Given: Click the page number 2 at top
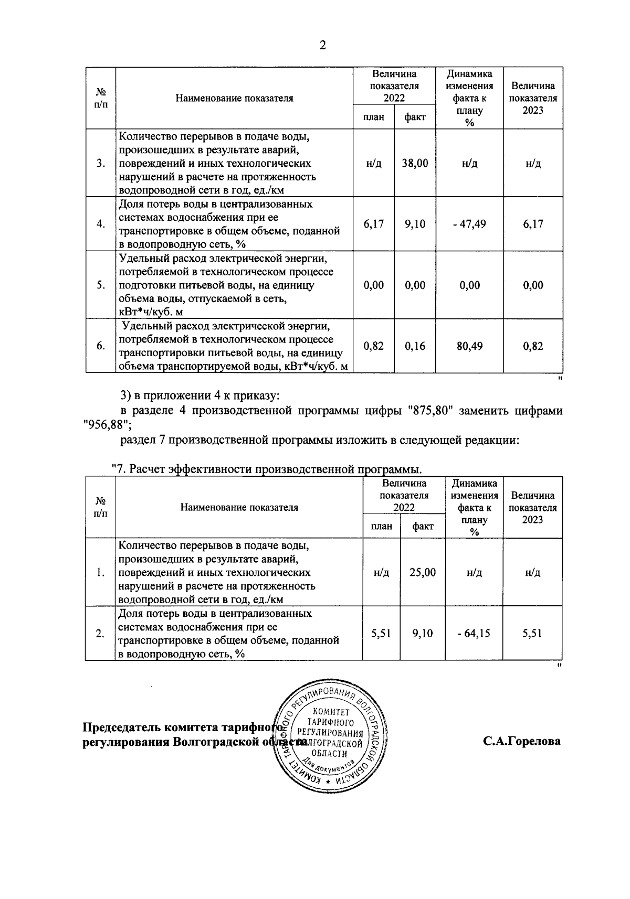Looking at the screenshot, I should click(323, 46).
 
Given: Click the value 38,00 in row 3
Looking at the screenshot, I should click(415, 163).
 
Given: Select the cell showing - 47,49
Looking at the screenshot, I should click(469, 224).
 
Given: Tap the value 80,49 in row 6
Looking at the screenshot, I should click(469, 346).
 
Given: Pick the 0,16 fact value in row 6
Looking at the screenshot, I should click(415, 346).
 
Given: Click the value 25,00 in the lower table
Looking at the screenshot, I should click(423, 572).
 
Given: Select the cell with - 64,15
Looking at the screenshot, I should click(474, 633).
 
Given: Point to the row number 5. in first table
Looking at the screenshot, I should click(101, 285).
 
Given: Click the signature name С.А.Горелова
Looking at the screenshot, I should click(522, 741).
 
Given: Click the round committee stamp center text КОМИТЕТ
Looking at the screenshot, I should click(330, 712).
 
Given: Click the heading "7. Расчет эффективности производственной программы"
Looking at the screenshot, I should click(268, 468).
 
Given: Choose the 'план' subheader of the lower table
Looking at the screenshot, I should click(381, 526).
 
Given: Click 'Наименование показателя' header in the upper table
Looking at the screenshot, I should click(234, 98).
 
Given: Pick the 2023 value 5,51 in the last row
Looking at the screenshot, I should click(532, 633).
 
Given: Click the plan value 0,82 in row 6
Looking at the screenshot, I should click(373, 346).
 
